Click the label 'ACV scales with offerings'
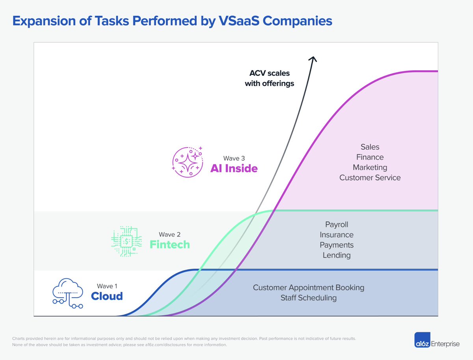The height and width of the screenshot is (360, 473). pyautogui.click(x=269, y=78)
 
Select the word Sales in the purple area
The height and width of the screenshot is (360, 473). pyautogui.click(x=370, y=147)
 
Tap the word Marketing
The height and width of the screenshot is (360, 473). pyautogui.click(x=370, y=168)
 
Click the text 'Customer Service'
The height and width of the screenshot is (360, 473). pyautogui.click(x=370, y=178)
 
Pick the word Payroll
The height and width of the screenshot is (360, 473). pyautogui.click(x=337, y=225)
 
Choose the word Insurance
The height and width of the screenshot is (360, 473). pyautogui.click(x=337, y=235)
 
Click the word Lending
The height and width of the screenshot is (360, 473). pyautogui.click(x=337, y=256)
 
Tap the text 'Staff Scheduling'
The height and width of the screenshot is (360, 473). pyautogui.click(x=308, y=298)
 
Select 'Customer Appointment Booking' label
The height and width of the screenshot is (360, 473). pyautogui.click(x=308, y=287)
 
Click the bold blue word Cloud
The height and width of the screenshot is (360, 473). pyautogui.click(x=107, y=296)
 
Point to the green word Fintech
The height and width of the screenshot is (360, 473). pyautogui.click(x=169, y=244)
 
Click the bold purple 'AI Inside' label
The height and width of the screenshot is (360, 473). pyautogui.click(x=234, y=169)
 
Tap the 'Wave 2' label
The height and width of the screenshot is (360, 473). pyautogui.click(x=169, y=235)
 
